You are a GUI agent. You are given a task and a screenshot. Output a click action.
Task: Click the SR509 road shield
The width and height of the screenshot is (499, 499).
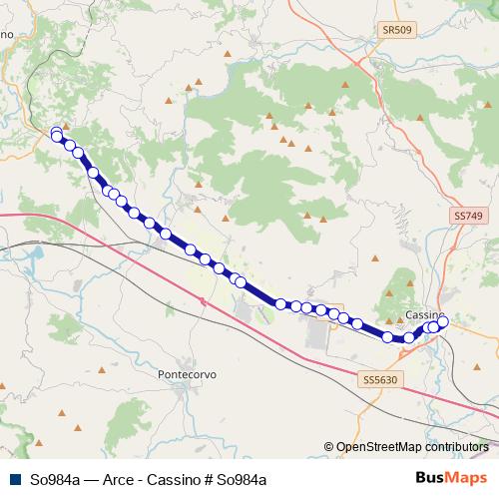[x=395, y=31]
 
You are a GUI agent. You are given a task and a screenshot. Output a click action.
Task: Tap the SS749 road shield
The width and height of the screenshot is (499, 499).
[x=467, y=216]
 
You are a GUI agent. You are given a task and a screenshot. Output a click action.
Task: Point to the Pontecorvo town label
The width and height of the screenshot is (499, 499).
[x=187, y=374]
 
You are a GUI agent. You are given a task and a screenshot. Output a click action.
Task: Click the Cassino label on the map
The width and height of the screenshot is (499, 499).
[x=426, y=315]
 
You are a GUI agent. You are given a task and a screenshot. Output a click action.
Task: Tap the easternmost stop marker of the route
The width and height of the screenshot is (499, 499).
[x=443, y=321]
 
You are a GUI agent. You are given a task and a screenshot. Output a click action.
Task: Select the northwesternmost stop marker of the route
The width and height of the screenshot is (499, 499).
[x=56, y=131]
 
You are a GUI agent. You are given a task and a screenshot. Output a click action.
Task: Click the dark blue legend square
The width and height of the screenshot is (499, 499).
[x=15, y=479]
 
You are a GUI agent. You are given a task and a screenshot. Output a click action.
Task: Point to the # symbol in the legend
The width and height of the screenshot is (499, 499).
[x=206, y=479]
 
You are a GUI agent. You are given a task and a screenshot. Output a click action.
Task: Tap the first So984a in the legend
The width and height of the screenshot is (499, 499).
[x=55, y=479]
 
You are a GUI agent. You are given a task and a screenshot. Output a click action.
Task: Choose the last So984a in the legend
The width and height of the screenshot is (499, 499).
[x=241, y=479]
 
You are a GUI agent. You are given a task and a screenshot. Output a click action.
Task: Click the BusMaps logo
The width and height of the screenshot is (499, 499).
[x=451, y=478]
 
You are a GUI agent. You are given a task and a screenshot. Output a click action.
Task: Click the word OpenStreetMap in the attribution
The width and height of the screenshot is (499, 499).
[x=376, y=447]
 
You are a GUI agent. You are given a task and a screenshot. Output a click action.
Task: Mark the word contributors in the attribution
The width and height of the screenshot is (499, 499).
[x=455, y=447]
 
